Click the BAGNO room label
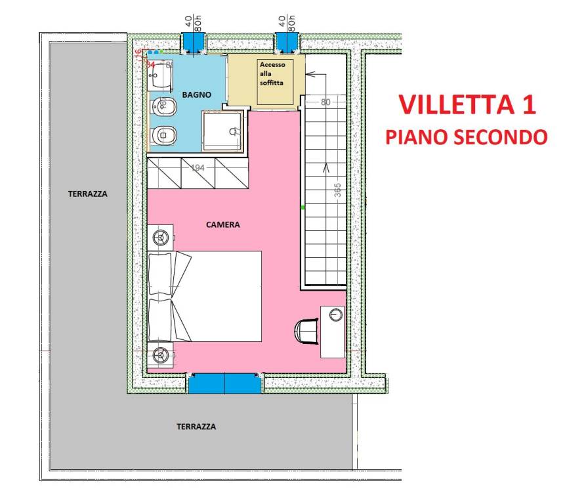click(197, 95)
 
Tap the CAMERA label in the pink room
click(223, 224)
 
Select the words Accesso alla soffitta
click(272, 74)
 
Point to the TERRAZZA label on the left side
click(87, 194)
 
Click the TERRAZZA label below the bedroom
click(196, 427)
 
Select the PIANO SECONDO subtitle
click(466, 136)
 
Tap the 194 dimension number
click(198, 168)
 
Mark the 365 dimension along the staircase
click(337, 190)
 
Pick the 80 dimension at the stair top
click(325, 102)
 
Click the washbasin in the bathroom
click(159, 77)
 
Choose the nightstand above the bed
click(161, 236)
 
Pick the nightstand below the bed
click(160, 355)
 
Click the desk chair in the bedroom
click(305, 330)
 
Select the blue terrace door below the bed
click(225, 383)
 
